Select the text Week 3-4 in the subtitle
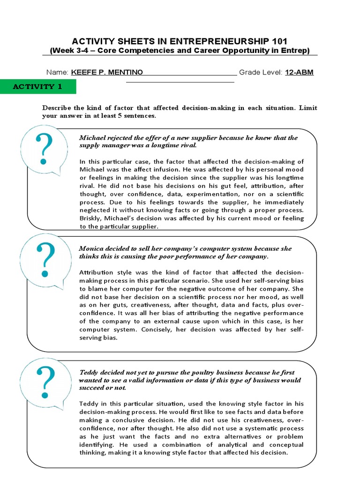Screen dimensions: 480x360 70,51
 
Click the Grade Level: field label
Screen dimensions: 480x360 261,72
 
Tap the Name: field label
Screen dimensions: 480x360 57,72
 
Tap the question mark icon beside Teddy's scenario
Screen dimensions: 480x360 46,382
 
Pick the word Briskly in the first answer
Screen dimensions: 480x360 90,218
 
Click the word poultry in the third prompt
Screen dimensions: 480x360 187,372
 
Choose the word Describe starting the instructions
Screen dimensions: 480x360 56,108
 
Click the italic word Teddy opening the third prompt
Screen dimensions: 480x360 89,372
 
